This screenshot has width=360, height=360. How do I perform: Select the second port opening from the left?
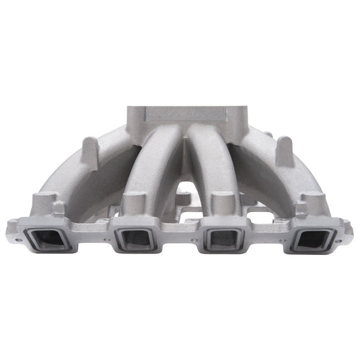pos(133,238)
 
